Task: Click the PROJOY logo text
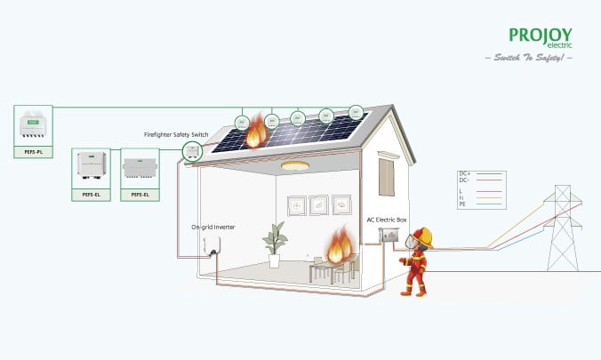(541, 35)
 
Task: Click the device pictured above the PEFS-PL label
(34, 128)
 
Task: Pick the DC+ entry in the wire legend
(464, 173)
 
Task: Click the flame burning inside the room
(338, 246)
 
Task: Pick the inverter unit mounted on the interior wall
(211, 244)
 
